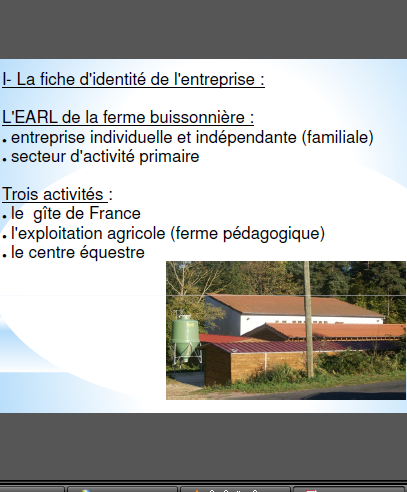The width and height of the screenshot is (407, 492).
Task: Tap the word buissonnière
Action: coord(197,117)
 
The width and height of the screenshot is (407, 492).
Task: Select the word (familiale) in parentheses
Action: coord(338,138)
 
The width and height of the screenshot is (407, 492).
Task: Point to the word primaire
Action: coord(169,157)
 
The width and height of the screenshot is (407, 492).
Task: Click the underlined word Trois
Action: coord(20,194)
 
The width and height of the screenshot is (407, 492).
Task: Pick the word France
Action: coord(115,213)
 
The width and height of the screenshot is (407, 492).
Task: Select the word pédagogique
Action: coord(272,234)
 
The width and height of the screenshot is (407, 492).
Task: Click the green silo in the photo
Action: coord(185,337)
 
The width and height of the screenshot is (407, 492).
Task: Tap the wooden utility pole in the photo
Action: coord(308,319)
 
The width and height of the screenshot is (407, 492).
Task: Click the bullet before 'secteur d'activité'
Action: coord(4,160)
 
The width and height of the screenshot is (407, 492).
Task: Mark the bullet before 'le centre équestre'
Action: coord(4,256)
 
